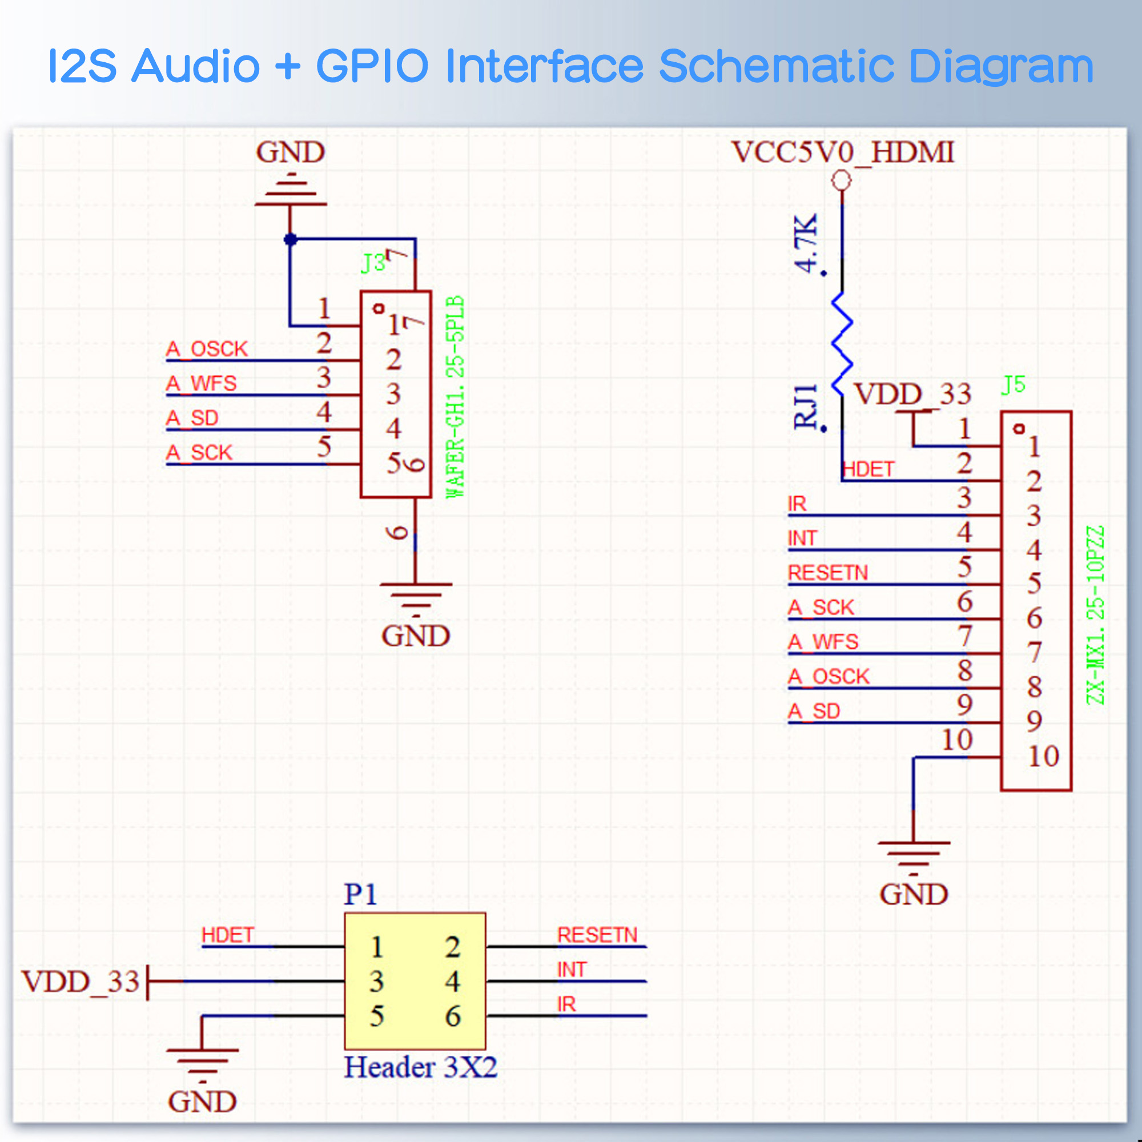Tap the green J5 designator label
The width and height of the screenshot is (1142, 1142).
pos(1013,385)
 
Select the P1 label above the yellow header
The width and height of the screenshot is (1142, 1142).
pos(360,894)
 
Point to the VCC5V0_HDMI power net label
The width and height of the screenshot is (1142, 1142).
pos(842,152)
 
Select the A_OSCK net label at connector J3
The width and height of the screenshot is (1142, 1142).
pos(207,349)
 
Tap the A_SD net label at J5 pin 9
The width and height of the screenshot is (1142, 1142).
pos(814,711)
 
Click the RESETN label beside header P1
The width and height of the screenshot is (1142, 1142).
pos(597,935)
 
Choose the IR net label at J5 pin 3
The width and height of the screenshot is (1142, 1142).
pos(797,504)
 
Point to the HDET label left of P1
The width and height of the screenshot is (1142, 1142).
pos(228,935)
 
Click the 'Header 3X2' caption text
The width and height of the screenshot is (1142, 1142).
pos(420,1068)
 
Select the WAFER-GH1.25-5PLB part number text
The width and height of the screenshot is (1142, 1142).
pos(455,397)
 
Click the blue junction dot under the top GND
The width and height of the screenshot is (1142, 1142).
pos(290,239)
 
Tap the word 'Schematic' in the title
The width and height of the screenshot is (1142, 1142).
pos(776,66)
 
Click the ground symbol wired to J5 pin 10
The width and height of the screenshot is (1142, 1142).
pos(913,855)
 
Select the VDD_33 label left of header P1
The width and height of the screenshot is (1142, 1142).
pos(81,982)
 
